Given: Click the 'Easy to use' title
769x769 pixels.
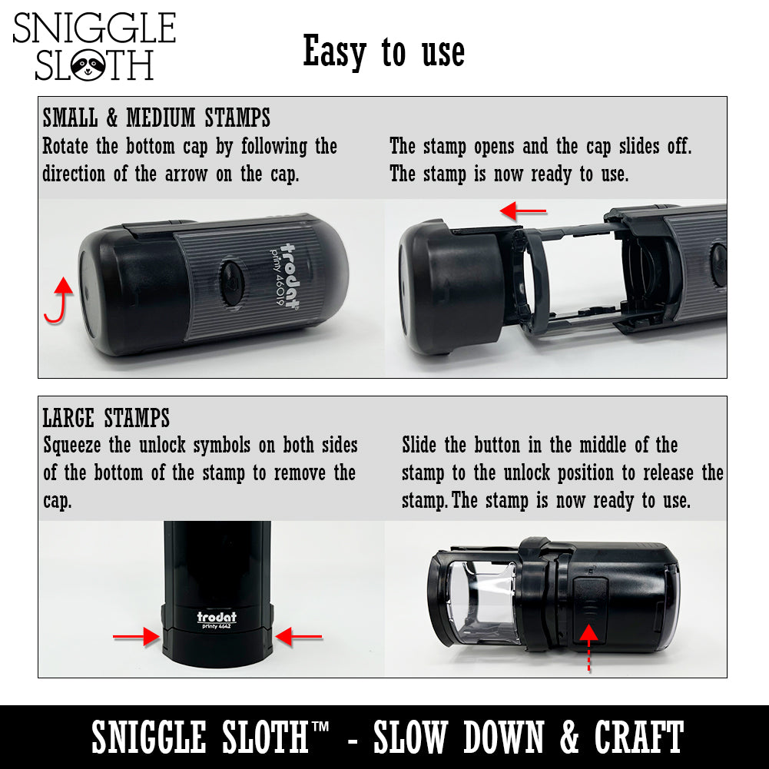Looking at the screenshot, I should (384, 52).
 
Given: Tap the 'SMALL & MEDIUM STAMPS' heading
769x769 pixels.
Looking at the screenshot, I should (157, 118).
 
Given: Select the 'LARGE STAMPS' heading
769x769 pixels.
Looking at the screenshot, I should (106, 418).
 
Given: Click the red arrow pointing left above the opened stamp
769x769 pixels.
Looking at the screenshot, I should (523, 210).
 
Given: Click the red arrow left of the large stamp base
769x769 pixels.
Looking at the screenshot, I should (137, 636).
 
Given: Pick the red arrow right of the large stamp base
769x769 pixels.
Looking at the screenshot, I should (299, 636).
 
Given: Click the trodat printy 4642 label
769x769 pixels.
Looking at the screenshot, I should (217, 621).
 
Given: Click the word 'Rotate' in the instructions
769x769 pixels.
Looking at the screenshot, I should (67, 146).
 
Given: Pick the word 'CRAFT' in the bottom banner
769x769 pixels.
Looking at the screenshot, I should (638, 738).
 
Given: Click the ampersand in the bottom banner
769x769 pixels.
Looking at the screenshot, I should (570, 738).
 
